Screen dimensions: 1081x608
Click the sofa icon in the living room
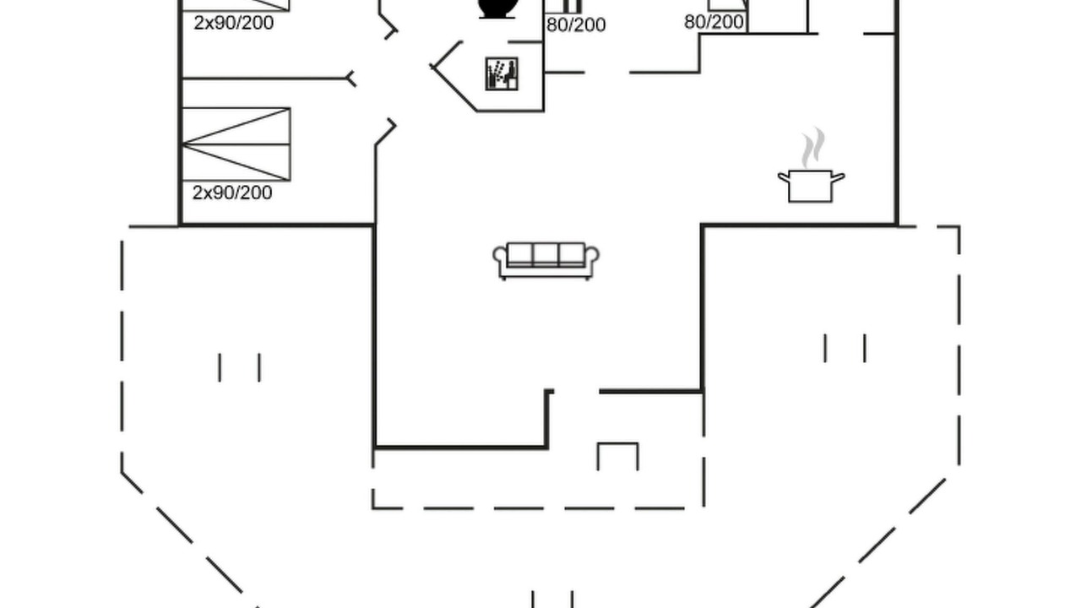point(546,261)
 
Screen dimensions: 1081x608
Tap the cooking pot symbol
point(811,186)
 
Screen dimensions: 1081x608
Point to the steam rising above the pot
point(813,147)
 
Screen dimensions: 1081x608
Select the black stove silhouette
point(497,8)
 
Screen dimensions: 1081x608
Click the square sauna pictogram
point(502,73)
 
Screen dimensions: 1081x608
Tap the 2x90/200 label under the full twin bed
point(232,193)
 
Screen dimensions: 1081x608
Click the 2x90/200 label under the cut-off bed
point(234,23)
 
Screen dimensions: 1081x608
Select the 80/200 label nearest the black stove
point(576,24)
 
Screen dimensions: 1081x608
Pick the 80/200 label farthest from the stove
point(714,22)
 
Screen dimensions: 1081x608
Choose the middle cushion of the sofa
point(546,254)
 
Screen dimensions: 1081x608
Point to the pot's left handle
point(783,177)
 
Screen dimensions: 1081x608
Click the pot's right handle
point(839,177)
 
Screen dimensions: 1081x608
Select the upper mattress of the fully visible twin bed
point(236,126)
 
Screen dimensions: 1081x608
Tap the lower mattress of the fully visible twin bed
point(236,163)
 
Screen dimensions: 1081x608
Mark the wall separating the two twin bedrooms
point(264,78)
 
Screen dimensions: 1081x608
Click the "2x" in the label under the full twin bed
point(202,193)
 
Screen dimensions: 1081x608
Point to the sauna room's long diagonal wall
point(454,90)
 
